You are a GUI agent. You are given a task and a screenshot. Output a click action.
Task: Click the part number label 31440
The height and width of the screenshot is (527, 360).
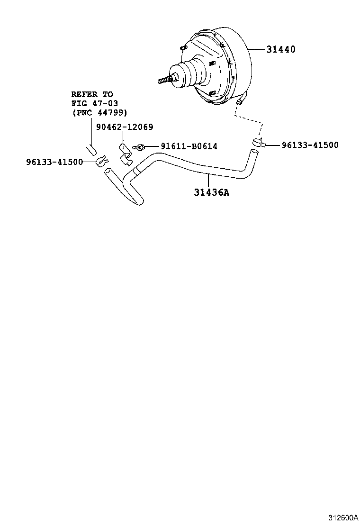pos(281,49)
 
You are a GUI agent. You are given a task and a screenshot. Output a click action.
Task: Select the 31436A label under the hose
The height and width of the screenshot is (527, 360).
pos(212,192)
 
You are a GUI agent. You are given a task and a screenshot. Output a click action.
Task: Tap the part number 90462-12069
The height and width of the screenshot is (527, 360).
pos(125,127)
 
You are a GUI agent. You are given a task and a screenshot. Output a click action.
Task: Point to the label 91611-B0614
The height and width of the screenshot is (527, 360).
pos(189,146)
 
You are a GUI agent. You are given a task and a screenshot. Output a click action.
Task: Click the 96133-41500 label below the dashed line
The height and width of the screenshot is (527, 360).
pos(310,145)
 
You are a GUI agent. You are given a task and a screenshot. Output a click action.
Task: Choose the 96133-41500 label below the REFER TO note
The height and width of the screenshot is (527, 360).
pos(54,162)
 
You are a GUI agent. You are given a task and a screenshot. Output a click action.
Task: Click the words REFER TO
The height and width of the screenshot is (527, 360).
pos(92,94)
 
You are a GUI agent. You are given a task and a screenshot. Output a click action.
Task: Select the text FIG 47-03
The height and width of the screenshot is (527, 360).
pos(94,103)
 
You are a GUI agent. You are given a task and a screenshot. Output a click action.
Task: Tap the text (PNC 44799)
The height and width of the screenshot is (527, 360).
pos(100,113)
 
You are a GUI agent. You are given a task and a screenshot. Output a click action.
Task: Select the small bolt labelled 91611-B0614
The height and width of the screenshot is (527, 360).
pos(139,147)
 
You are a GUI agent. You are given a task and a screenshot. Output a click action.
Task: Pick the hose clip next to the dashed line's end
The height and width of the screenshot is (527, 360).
pos(259,143)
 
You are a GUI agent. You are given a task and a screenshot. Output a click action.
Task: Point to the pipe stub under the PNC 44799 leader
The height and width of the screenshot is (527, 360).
pos(91,150)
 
